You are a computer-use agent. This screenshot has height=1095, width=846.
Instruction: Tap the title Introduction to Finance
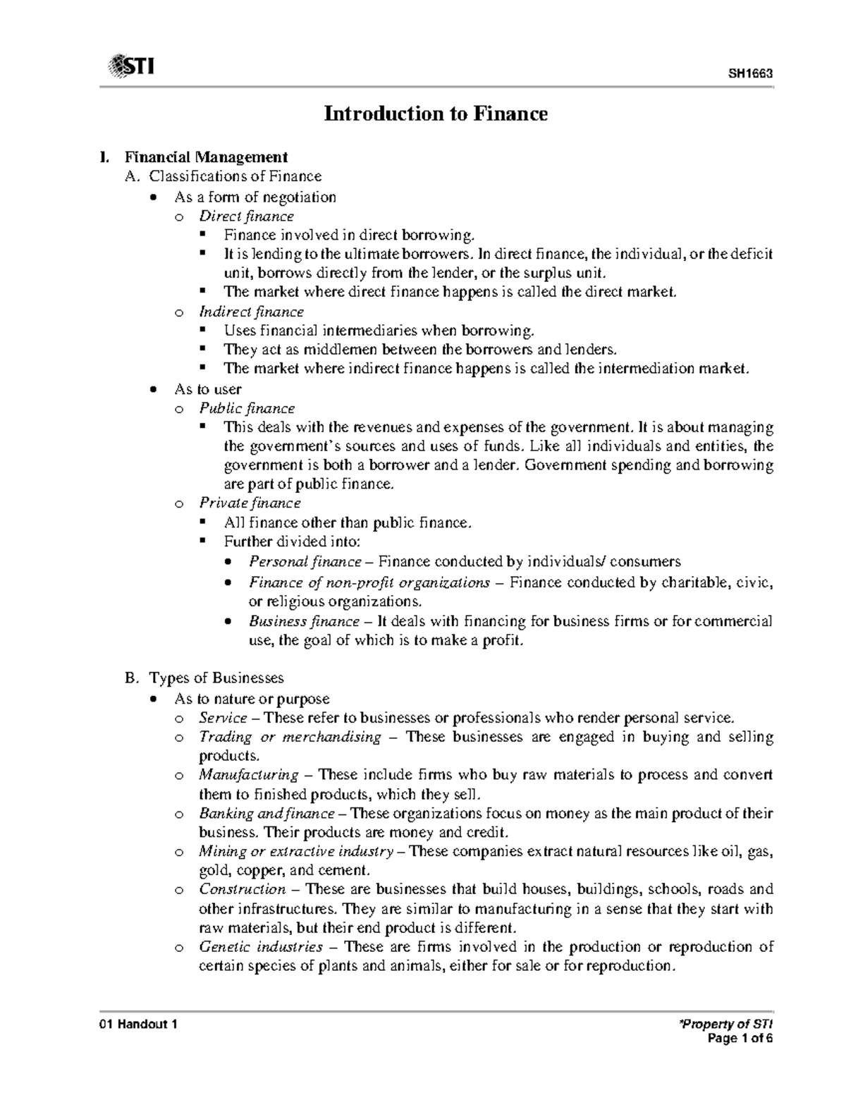pyautogui.click(x=435, y=114)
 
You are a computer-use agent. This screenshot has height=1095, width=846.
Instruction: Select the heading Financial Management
pyautogui.click(x=206, y=157)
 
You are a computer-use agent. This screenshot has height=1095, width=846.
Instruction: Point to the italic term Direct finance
pyautogui.click(x=246, y=216)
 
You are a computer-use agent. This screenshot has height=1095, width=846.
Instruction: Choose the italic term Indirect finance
pyautogui.click(x=251, y=312)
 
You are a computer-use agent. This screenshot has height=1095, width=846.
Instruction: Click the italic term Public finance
pyautogui.click(x=247, y=408)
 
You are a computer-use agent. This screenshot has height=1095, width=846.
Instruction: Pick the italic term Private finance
pyautogui.click(x=250, y=503)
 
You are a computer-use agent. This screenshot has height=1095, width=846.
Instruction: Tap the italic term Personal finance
pyautogui.click(x=305, y=562)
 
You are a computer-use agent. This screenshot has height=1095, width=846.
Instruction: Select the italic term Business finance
pyautogui.click(x=304, y=621)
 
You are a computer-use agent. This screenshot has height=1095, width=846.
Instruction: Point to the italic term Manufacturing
pyautogui.click(x=248, y=775)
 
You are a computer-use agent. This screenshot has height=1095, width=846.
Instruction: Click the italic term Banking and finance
pyautogui.click(x=266, y=813)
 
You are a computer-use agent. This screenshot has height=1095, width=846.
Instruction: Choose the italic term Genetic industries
pyautogui.click(x=261, y=946)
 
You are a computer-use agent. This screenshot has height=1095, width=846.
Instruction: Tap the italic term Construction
pyautogui.click(x=242, y=889)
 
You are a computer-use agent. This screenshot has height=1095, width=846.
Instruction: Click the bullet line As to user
pyautogui.click(x=207, y=389)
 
